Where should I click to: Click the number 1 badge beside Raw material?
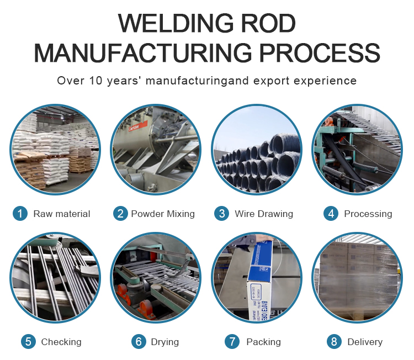pos(20,214)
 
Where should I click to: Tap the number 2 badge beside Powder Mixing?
pos(120,214)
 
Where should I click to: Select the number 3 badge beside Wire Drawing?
pos(221,214)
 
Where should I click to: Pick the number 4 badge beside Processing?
pos(331,214)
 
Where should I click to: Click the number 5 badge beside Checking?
pos(28,342)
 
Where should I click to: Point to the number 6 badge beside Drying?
pos(139,342)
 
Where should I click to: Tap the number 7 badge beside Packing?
pos(232,342)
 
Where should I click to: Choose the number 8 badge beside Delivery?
pos(334,342)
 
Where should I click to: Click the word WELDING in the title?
pos(176,23)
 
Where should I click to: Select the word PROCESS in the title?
pos(320,53)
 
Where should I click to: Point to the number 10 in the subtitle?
pos(96,81)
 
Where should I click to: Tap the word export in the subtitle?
pos(272,81)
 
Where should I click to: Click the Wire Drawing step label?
pos(264,214)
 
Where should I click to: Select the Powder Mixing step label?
pos(163,214)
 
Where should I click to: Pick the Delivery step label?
pos(365,342)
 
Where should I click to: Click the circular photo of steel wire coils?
pos(257,150)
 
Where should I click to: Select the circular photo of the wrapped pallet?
pos(357,278)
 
